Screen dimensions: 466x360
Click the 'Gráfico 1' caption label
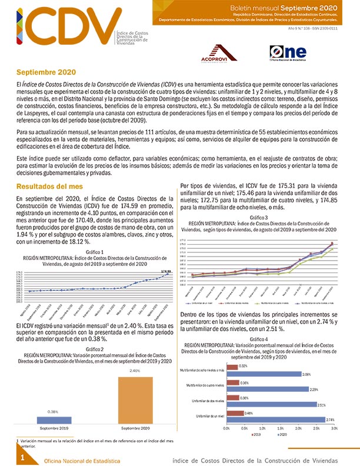click(x=90, y=252)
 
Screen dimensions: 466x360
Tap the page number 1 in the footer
click(x=22, y=457)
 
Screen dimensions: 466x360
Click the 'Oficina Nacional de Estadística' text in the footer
click(x=81, y=461)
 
